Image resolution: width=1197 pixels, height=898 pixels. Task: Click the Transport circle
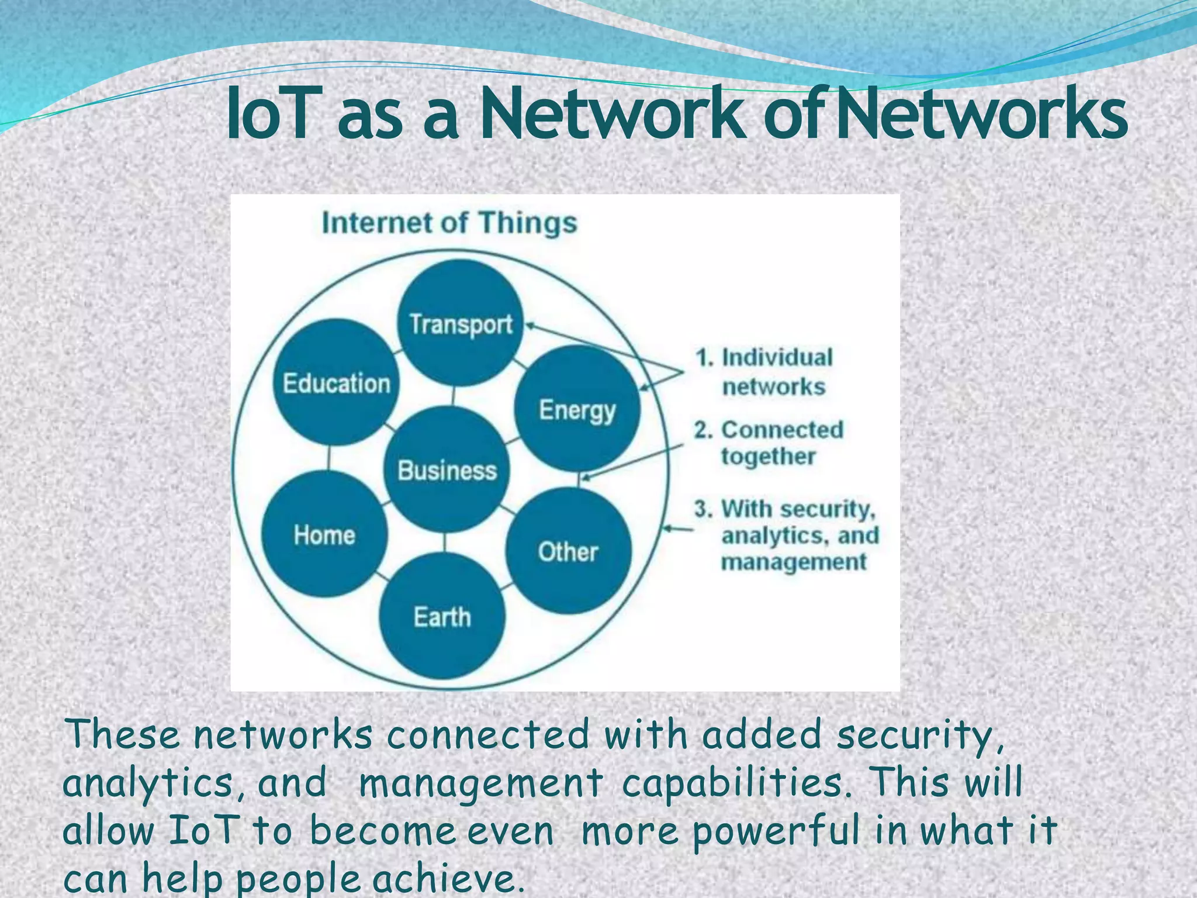coord(461,323)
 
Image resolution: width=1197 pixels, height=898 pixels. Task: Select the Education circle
coord(336,383)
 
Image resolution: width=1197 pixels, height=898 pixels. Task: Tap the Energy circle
coord(577,409)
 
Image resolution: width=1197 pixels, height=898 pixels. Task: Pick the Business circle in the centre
coord(447,469)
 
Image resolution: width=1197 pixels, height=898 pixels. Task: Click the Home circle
coord(324,534)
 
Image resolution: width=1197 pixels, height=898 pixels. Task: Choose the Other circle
coord(568,551)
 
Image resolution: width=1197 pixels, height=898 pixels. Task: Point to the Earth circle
coord(442,616)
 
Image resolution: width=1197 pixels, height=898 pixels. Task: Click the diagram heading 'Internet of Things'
coord(449,223)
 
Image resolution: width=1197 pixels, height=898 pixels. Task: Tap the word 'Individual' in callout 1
coord(777,357)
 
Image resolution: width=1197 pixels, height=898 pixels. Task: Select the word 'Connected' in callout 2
coord(783,430)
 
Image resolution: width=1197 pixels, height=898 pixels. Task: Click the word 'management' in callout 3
coord(793,562)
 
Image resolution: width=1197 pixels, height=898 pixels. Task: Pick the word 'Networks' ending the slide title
coord(981,114)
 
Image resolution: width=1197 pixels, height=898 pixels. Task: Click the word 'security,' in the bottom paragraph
coord(920,735)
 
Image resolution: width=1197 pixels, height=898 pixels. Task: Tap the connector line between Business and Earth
coord(445,543)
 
